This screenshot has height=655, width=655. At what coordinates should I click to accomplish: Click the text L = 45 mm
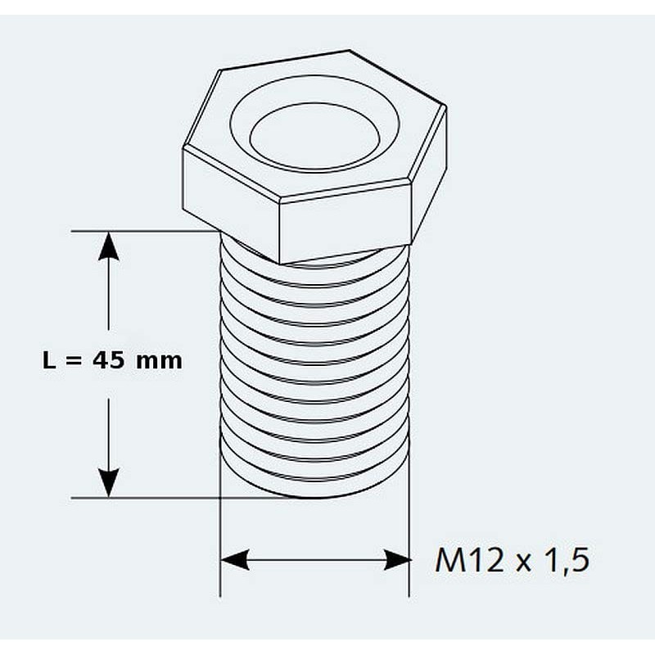[112, 360]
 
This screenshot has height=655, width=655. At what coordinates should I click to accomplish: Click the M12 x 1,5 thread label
[513, 561]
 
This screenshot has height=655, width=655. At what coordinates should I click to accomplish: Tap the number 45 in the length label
[108, 360]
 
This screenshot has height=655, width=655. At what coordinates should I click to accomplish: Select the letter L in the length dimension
[48, 360]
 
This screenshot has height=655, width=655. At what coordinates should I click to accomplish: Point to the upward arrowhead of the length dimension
[109, 246]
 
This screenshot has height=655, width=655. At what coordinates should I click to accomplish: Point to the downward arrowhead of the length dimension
[109, 483]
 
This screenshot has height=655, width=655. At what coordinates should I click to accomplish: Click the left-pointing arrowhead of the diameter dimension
[235, 560]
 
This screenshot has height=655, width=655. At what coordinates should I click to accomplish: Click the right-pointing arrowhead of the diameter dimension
[396, 560]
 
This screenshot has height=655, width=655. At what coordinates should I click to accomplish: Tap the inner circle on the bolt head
[315, 137]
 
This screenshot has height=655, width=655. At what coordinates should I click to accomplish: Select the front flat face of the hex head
[345, 221]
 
